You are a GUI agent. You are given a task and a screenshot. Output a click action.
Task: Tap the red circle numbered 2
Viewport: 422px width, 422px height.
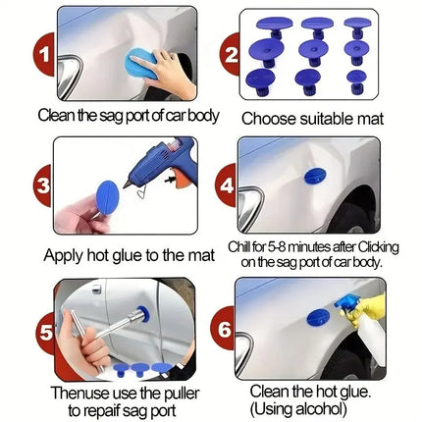(x=233, y=55)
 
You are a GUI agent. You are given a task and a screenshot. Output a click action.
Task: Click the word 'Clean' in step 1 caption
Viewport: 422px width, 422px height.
(x=32, y=115)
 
